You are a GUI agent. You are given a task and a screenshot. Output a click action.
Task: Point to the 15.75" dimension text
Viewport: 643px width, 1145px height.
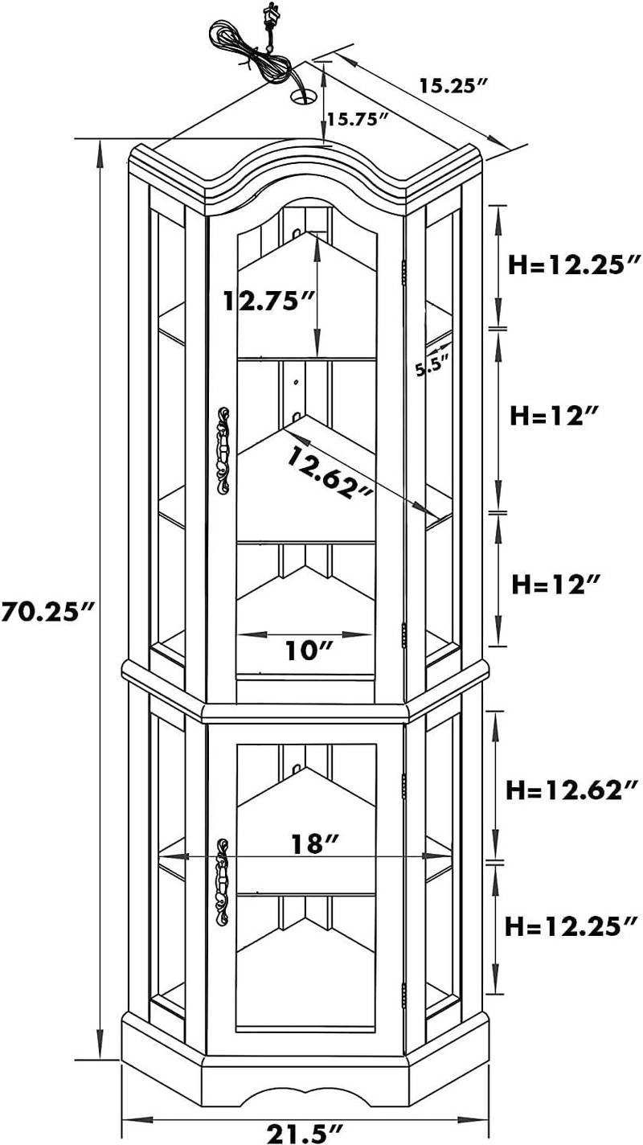(x=358, y=120)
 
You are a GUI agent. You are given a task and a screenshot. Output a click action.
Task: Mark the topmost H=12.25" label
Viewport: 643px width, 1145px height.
(x=575, y=264)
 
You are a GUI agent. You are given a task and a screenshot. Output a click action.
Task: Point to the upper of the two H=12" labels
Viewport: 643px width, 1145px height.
(x=555, y=415)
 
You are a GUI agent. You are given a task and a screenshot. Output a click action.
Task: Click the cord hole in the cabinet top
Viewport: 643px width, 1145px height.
(x=303, y=97)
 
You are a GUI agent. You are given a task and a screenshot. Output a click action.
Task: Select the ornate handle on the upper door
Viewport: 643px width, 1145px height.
(x=223, y=449)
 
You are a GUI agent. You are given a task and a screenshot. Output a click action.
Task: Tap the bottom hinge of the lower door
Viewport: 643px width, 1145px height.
(x=403, y=993)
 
